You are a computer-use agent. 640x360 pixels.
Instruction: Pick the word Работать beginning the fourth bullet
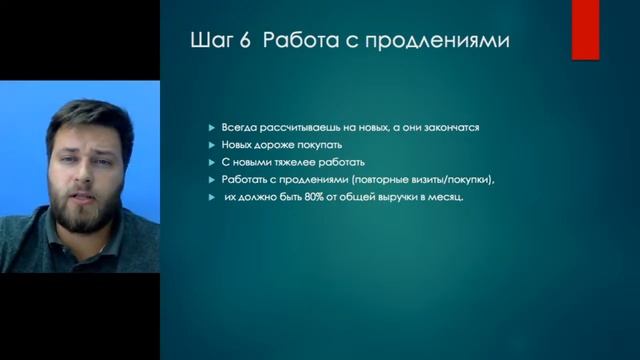[x=246, y=179]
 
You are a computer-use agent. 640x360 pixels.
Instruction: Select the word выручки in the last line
[x=407, y=196]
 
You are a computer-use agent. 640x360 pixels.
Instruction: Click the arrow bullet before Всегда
[x=211, y=127]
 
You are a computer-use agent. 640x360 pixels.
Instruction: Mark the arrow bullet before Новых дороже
[x=211, y=144]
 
